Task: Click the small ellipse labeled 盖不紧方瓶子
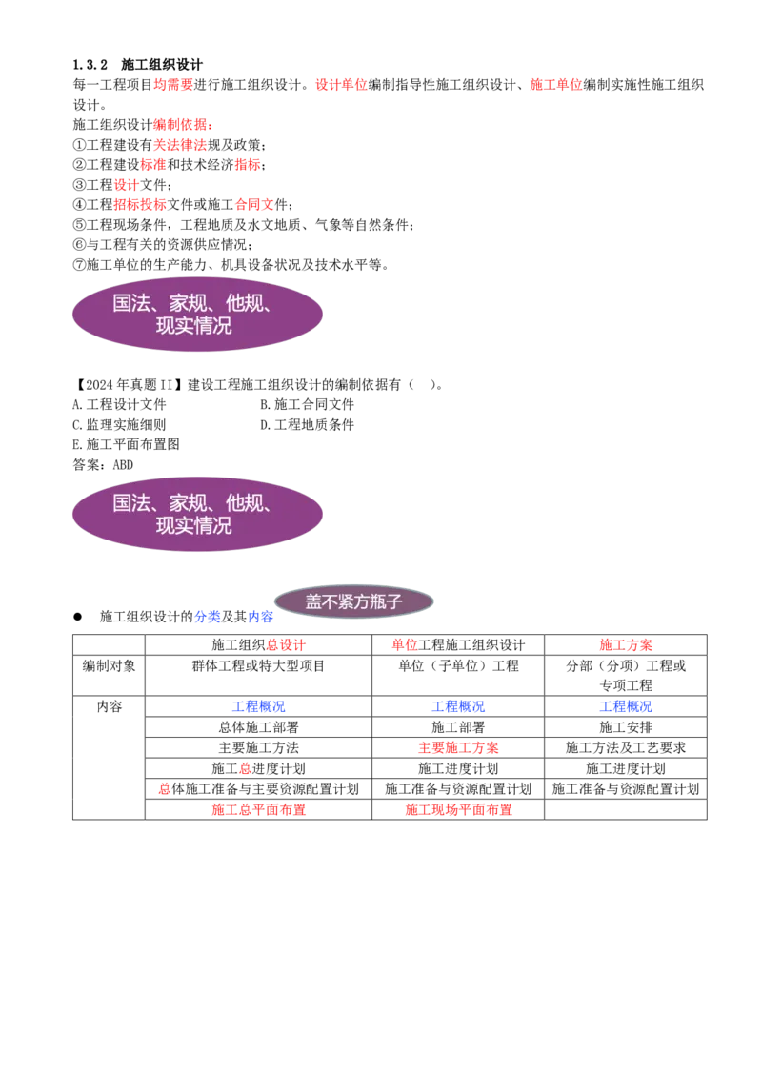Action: click(x=354, y=601)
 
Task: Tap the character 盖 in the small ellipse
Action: click(x=314, y=602)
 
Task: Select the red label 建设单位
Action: click(x=340, y=84)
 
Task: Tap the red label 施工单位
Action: click(x=555, y=84)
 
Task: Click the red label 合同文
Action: click(x=254, y=204)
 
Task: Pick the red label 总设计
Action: click(x=285, y=645)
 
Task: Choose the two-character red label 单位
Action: click(x=404, y=645)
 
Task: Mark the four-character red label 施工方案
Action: click(x=626, y=645)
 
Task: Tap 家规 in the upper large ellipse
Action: click(x=189, y=303)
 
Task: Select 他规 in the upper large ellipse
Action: click(x=245, y=303)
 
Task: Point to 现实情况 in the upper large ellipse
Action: click(x=194, y=326)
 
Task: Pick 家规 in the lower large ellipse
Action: click(x=189, y=502)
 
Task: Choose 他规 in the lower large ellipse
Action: click(x=245, y=502)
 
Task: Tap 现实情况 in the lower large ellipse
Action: click(x=194, y=525)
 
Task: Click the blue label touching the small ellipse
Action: click(x=261, y=617)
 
